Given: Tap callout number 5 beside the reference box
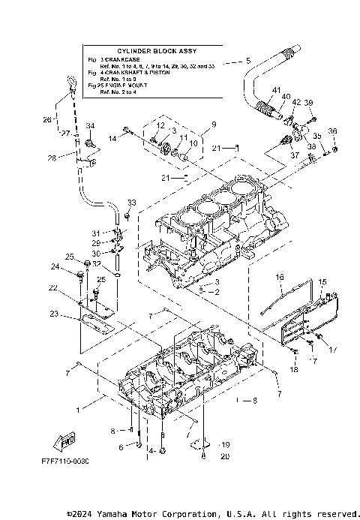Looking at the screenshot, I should click(248, 60).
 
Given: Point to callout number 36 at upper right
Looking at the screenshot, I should click(333, 131).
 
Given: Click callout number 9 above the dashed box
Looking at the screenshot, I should click(214, 124).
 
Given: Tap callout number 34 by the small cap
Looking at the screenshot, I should click(90, 126).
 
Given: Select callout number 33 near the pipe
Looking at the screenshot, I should click(132, 203).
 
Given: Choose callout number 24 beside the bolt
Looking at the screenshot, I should click(55, 266).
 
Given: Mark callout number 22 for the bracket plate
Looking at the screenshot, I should click(53, 288).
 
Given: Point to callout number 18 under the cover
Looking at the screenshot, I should click(294, 370).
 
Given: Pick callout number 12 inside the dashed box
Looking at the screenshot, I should click(160, 125).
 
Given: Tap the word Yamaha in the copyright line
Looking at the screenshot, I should click(109, 513).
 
